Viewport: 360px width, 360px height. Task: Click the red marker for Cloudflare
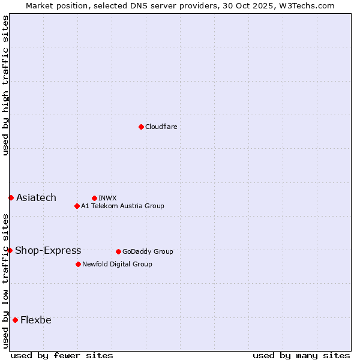[141, 127]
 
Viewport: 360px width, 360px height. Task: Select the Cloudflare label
[161, 127]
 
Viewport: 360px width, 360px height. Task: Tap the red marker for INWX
[94, 198]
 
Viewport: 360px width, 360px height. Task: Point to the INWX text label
[107, 198]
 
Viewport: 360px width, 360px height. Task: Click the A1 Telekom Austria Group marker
[77, 206]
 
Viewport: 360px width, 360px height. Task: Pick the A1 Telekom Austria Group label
[122, 206]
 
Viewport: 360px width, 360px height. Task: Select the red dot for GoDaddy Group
[118, 251]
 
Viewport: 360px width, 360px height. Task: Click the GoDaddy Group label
[148, 251]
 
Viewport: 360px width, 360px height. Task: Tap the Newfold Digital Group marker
[78, 264]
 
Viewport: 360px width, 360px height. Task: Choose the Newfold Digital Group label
[117, 264]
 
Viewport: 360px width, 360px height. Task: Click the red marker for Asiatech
[11, 197]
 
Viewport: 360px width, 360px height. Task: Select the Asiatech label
[36, 197]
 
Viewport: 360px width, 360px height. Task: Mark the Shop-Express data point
[10, 250]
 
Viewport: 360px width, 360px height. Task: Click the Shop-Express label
[48, 250]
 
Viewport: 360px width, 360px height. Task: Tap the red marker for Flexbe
[15, 320]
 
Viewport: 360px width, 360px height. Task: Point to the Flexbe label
[36, 320]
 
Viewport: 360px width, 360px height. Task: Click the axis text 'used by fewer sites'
[62, 355]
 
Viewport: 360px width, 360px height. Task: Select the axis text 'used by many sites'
[301, 355]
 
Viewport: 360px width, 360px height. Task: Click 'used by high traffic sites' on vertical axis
[5, 85]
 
